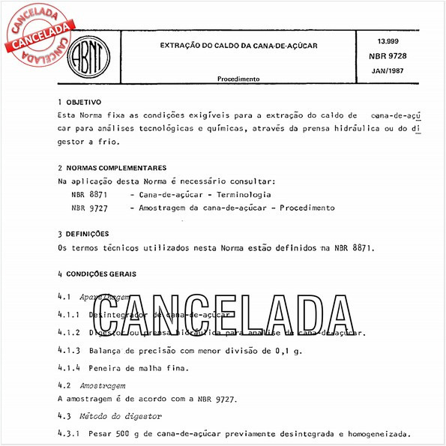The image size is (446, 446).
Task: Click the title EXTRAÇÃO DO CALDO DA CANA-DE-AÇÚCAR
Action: (238, 46)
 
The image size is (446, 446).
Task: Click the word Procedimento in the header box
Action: (238, 78)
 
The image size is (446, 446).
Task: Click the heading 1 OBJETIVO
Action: (79, 101)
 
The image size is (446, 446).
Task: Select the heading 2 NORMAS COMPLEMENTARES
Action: (112, 168)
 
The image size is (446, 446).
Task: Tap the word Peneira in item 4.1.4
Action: (106, 367)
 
